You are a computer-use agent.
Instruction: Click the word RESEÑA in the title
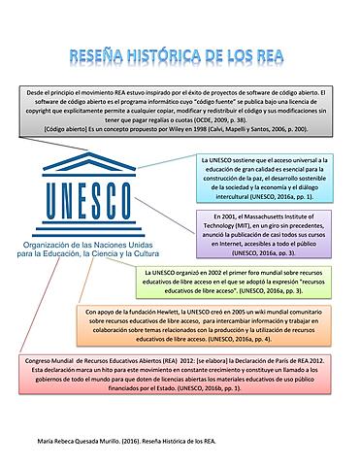100,56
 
